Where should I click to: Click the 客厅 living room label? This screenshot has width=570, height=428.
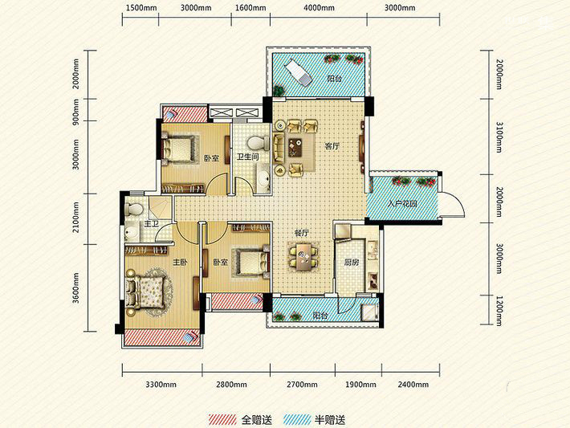click(332, 146)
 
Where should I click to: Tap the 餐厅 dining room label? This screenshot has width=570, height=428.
click(301, 233)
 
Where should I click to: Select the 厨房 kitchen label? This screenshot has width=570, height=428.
click(352, 263)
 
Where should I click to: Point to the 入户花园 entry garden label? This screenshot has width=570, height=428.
click(402, 204)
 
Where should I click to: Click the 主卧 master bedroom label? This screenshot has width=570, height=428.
click(180, 262)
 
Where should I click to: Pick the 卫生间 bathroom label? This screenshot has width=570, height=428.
click(247, 157)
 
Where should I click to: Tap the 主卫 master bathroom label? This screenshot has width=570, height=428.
click(151, 224)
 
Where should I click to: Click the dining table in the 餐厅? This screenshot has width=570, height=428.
click(303, 257)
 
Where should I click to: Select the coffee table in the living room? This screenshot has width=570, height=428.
click(295, 148)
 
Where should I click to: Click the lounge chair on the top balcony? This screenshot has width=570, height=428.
click(298, 73)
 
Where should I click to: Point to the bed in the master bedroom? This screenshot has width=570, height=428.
click(145, 291)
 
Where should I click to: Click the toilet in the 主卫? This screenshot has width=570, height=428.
click(134, 210)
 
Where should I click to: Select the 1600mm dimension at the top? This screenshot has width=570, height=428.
click(250, 8)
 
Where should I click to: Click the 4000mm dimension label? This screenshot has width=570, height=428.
click(319, 8)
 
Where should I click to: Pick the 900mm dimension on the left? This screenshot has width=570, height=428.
click(75, 110)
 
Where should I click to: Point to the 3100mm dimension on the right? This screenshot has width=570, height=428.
click(499, 137)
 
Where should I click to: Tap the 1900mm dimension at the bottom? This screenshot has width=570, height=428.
click(361, 385)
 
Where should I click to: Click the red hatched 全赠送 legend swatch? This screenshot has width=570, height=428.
click(222, 420)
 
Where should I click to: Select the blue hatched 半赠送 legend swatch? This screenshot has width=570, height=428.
click(297, 420)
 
